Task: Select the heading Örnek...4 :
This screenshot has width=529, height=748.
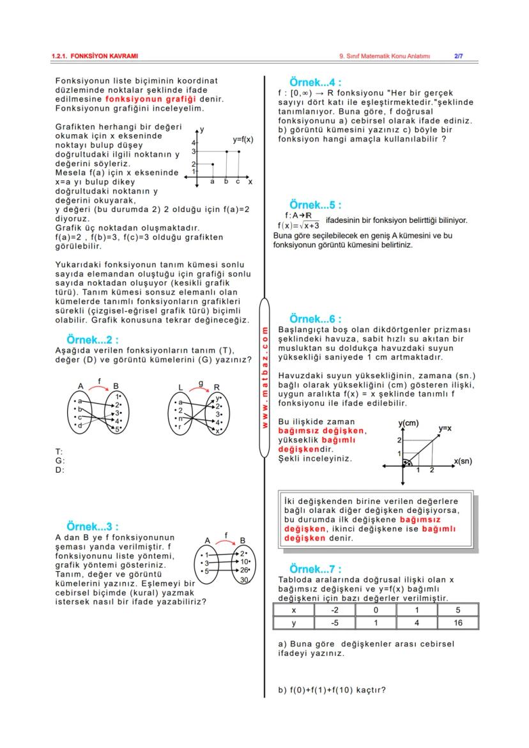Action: click(315, 83)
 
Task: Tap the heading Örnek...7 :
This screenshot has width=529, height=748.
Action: click(315, 569)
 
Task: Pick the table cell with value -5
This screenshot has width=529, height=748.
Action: click(335, 622)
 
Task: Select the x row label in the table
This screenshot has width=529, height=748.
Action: click(293, 610)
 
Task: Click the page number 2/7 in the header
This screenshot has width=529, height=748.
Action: click(458, 56)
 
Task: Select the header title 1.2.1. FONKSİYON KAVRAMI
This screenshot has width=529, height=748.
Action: click(95, 56)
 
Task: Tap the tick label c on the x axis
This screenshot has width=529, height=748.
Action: click(238, 182)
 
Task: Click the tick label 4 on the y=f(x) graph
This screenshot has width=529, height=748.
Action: click(193, 142)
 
